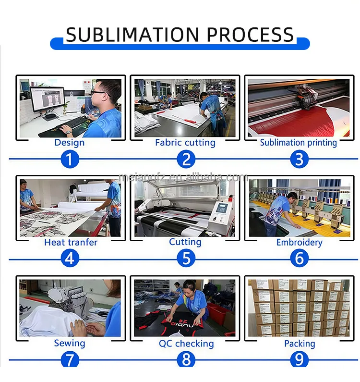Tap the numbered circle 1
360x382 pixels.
[70, 159]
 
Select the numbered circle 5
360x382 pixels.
[186, 259]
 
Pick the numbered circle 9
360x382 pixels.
[299, 359]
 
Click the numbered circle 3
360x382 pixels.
[299, 159]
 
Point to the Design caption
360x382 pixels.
[70, 142]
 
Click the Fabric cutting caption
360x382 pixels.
[185, 142]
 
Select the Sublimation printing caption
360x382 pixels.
[299, 142]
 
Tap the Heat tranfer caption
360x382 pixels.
[71, 242]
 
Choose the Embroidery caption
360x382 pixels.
[299, 242]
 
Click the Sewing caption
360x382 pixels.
[70, 343]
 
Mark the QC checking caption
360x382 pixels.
[186, 343]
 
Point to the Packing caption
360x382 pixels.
[300, 343]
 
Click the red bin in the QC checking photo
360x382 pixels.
[219, 314]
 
